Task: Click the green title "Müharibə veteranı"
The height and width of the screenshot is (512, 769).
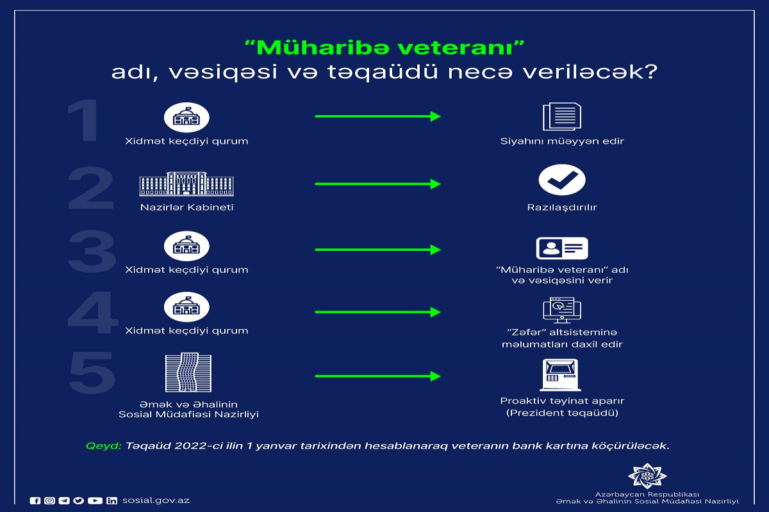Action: [x=384, y=47]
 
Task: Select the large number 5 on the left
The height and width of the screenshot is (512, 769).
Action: [x=92, y=372]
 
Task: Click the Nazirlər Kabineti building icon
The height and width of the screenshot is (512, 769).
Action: [x=186, y=184]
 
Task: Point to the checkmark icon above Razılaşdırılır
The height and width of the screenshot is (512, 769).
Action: [x=562, y=180]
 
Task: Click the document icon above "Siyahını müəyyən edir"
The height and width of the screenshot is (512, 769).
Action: [x=562, y=116]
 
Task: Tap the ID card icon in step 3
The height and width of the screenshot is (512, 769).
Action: [x=562, y=248]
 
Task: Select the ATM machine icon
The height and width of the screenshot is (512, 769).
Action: [x=560, y=375]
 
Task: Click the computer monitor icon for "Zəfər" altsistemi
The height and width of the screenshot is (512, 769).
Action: [x=562, y=310]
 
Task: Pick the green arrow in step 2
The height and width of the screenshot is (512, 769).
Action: [x=377, y=184]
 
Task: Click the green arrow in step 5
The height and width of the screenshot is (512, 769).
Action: [x=377, y=376]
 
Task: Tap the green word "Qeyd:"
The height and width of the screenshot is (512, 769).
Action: [x=103, y=446]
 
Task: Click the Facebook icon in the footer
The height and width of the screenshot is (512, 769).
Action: [x=35, y=500]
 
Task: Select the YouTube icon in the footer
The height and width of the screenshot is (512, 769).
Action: [x=95, y=500]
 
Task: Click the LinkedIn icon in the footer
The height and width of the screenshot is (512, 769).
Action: [x=112, y=500]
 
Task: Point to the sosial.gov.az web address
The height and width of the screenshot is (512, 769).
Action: [x=156, y=500]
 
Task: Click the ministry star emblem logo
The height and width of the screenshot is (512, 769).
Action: [x=647, y=476]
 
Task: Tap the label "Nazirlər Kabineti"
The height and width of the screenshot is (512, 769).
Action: [x=186, y=207]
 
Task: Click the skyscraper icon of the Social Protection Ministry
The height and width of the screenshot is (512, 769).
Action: [x=188, y=372]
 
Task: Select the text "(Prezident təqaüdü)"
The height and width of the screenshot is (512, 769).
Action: [x=562, y=413]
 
